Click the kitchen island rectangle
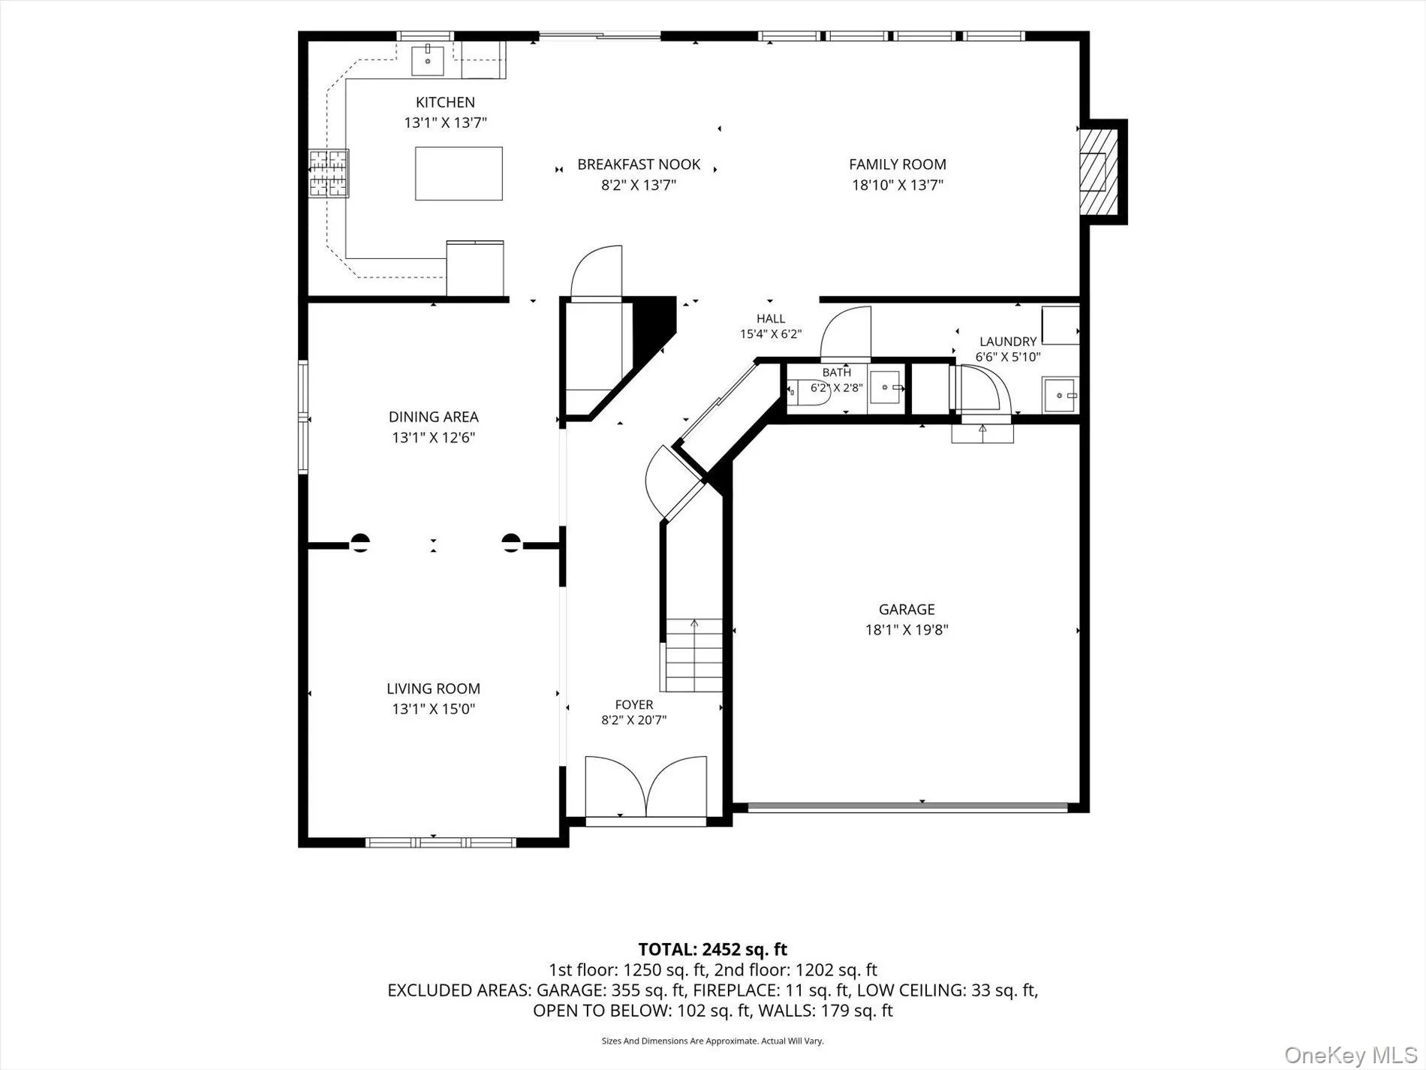[x=459, y=173]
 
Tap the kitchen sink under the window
[x=428, y=61]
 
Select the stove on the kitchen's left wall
[x=329, y=173]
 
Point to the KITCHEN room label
[x=445, y=102]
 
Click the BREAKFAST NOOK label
[x=639, y=164]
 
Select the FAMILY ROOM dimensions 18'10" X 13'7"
[x=898, y=185]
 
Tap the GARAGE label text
[x=907, y=609]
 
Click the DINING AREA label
[x=433, y=417]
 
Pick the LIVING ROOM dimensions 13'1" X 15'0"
[x=433, y=709]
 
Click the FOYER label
[x=634, y=704]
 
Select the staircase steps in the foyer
[x=694, y=655]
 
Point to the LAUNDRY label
[x=1008, y=342]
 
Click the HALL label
[x=771, y=318]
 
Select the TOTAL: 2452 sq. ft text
[x=712, y=950]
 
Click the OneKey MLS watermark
[x=1351, y=1055]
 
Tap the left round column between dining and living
[x=360, y=543]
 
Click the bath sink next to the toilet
[x=886, y=388]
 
